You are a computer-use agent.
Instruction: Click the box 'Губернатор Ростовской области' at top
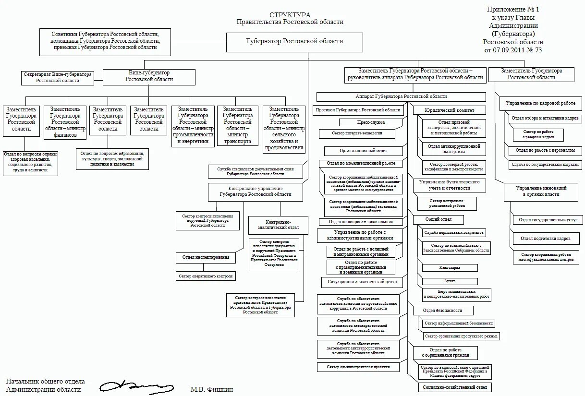(x=294, y=42)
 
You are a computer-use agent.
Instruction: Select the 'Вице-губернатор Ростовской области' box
(x=149, y=77)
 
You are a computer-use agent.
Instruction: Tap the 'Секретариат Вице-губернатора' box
(x=58, y=78)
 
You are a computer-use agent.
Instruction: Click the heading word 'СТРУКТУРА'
(x=290, y=15)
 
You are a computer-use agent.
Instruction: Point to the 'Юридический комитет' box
(x=449, y=110)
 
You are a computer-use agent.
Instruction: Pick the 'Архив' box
(x=450, y=281)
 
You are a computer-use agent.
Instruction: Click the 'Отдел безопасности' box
(x=443, y=311)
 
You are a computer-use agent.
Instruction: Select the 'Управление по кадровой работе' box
(x=540, y=103)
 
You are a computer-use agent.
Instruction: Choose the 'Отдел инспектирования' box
(x=206, y=257)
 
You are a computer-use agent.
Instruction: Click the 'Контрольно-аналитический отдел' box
(x=275, y=225)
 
